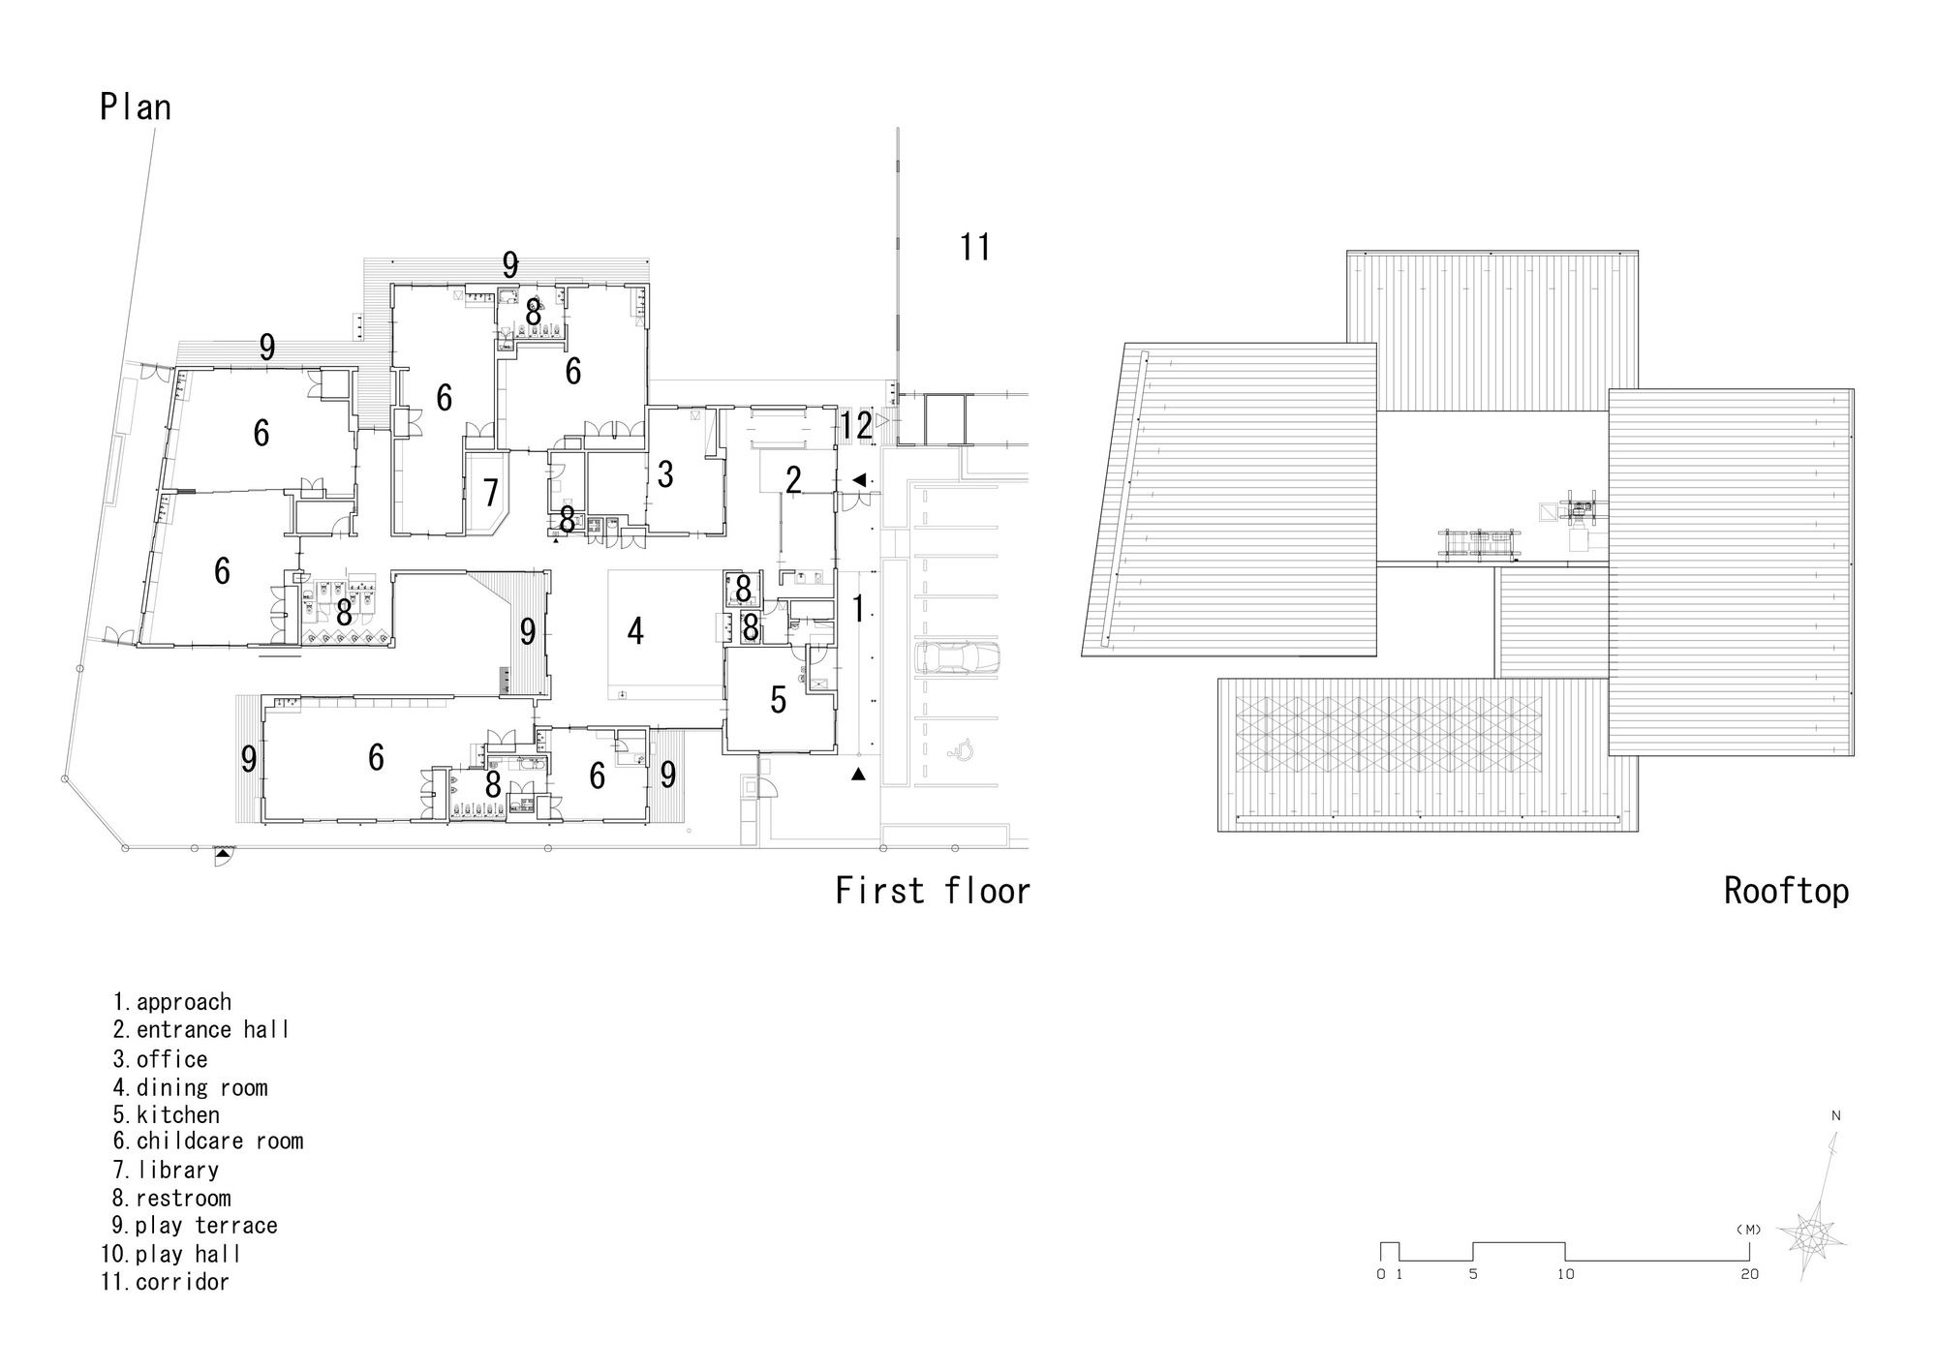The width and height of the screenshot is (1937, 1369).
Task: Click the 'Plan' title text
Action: pos(136,106)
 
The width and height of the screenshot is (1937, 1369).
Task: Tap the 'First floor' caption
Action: pos(933,891)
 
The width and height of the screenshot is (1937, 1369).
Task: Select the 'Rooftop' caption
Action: pos(1786,891)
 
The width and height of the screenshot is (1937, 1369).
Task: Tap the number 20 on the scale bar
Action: pos(1749,1274)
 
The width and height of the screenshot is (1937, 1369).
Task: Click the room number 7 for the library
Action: pos(491,492)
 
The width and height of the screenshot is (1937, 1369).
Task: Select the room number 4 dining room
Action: pos(635,630)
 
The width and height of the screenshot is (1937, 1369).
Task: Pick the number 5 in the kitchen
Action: pos(779,700)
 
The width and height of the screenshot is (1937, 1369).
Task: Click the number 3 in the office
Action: pos(664,474)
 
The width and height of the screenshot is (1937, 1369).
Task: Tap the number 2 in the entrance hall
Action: pos(793,479)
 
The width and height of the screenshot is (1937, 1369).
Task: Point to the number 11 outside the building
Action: pos(975,247)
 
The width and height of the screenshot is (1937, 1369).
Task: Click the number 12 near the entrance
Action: pos(857,425)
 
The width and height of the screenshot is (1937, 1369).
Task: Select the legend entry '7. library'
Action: pos(166,1171)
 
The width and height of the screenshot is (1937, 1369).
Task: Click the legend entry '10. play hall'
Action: pos(170,1254)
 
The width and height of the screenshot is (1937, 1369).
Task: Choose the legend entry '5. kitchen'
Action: pos(167,1114)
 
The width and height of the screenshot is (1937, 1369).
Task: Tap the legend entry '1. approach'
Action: pos(172,1002)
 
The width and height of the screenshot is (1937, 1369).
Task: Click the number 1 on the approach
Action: pos(857,609)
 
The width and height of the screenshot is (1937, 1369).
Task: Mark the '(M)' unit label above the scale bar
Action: pos(1749,1230)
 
